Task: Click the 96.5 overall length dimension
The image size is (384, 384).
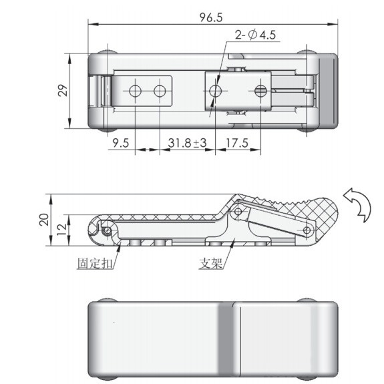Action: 211,17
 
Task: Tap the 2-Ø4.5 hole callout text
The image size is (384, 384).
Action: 255,35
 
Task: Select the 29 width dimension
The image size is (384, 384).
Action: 63,90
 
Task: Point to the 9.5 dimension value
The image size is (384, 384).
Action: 121,143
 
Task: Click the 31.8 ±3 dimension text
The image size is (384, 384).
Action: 188,143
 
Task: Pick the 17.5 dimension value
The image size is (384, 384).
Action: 237,143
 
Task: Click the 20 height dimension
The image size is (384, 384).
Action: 44,220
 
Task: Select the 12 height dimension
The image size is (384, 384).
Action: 62,230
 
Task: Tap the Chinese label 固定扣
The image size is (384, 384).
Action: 95,264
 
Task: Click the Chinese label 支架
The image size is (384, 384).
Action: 211,264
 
